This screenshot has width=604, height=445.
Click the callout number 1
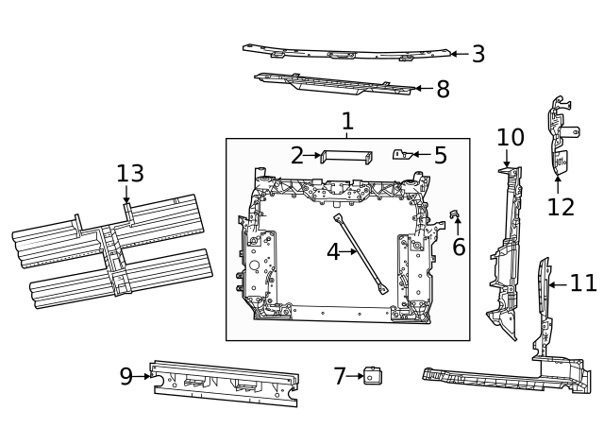pos(347,121)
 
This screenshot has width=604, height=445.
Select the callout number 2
pos(297,155)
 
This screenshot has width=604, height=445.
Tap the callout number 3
pos(478,54)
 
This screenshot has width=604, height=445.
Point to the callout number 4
pos(333,252)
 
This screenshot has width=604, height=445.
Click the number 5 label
pos(440,155)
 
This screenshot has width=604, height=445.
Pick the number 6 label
pos(459,248)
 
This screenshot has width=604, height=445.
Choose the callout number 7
pos(341,376)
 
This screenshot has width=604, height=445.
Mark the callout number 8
pos(442,90)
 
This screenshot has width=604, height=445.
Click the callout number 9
pos(126,376)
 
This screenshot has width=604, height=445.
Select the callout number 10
pos(510,138)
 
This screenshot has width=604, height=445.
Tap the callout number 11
pos(583,282)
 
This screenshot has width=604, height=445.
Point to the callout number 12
pos(561,207)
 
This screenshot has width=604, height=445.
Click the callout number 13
pos(130,173)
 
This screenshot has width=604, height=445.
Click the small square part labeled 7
pos(374,376)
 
